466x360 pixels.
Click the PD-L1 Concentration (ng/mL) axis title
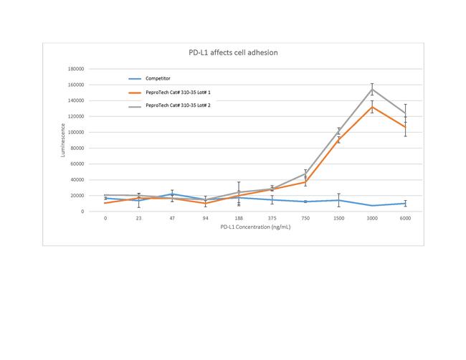click(x=255, y=228)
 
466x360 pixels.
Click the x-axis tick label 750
click(x=305, y=218)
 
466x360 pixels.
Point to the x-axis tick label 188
click(x=239, y=218)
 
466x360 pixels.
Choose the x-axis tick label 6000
click(x=405, y=218)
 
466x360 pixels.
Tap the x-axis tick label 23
click(x=139, y=218)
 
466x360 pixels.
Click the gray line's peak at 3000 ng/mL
click(x=371, y=89)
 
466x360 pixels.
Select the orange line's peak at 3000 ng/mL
click(x=371, y=107)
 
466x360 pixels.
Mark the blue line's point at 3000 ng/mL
click(x=371, y=206)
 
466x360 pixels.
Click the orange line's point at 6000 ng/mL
click(x=405, y=127)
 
